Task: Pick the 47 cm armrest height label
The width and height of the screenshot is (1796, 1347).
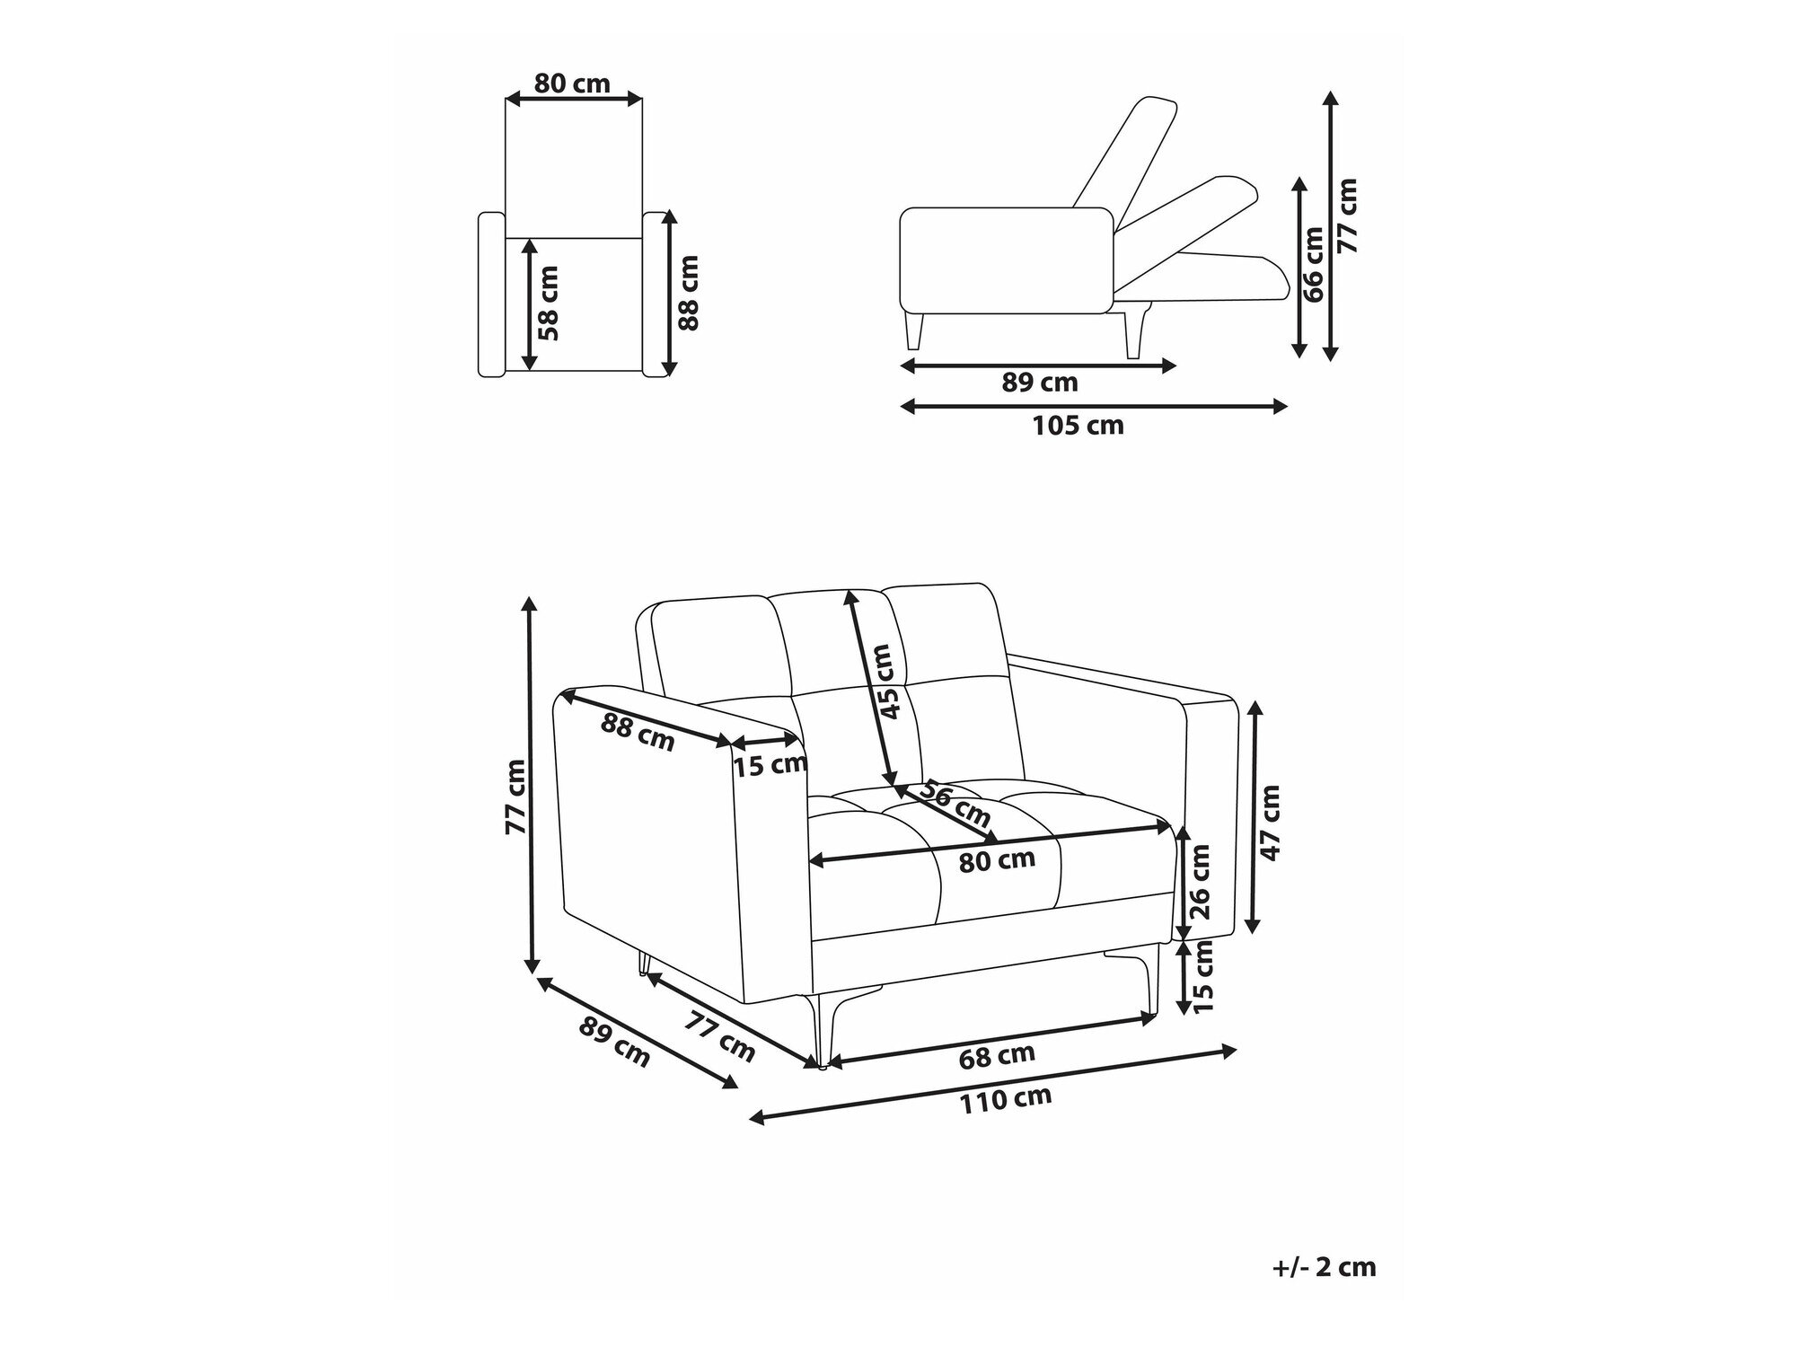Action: [1270, 823]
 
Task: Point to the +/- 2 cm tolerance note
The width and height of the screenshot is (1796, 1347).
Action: [1324, 1267]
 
